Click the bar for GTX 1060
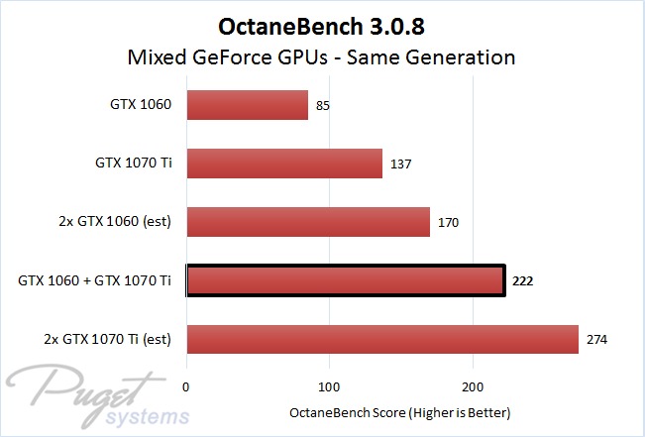[x=247, y=104]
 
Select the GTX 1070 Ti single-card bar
[x=284, y=163]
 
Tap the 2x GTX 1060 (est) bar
[x=308, y=222]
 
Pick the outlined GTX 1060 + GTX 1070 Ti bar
[x=346, y=281]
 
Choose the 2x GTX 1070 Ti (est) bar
[x=382, y=340]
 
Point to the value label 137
[x=401, y=164]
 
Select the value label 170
[x=449, y=223]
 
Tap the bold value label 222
[x=524, y=281]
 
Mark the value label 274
[x=597, y=341]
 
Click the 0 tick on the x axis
[x=187, y=387]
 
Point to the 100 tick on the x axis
[x=330, y=387]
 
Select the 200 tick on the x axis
[x=474, y=387]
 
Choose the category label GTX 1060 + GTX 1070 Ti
[x=95, y=281]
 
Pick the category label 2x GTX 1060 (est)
[x=112, y=222]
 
